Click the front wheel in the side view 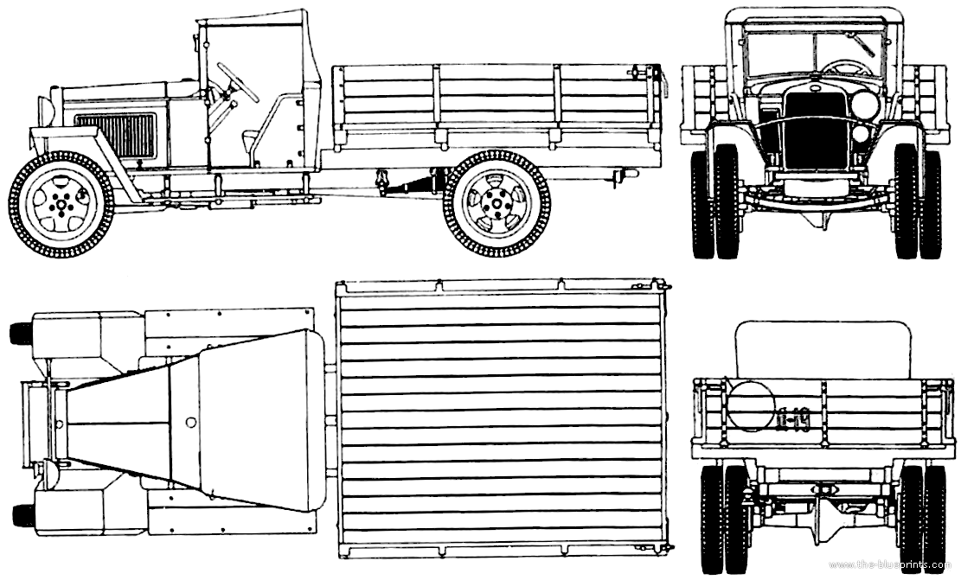pos(61,205)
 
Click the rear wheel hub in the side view pos(496,205)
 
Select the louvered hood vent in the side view pos(116,135)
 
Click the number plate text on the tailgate pos(793,421)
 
